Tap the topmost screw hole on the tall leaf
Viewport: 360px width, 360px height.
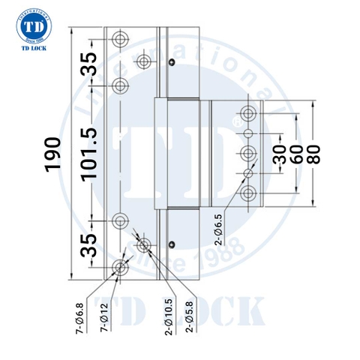tap(121, 38)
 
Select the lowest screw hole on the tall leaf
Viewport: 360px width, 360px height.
tap(121, 268)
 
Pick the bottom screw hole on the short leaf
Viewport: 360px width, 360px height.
tap(248, 194)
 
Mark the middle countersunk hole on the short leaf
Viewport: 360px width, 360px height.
tap(248, 153)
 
